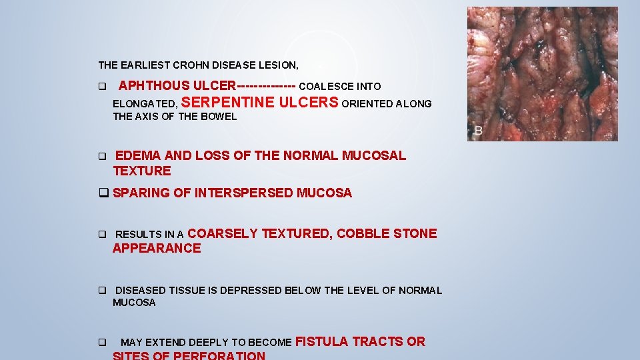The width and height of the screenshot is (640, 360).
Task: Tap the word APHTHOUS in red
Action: [154, 86]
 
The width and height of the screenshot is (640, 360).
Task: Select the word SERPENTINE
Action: [227, 103]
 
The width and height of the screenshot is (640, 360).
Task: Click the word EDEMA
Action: [138, 156]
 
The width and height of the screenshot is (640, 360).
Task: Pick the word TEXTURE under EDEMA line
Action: [142, 171]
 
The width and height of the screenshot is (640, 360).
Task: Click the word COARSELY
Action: [223, 233]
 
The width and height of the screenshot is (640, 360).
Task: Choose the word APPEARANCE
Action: [157, 249]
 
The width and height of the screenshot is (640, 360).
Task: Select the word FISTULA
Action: [321, 342]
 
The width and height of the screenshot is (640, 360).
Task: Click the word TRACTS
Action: [378, 342]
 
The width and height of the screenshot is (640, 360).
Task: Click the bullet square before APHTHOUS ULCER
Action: [102, 87]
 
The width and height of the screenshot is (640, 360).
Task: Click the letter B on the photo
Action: [477, 131]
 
